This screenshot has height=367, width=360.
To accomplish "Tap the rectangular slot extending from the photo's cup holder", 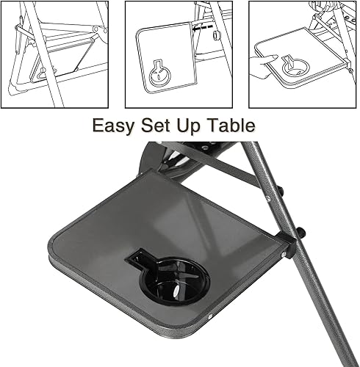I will pos(140,258).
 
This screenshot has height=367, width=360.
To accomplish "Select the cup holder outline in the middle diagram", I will pos(159,73).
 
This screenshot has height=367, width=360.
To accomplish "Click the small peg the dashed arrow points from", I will pos(215,34).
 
